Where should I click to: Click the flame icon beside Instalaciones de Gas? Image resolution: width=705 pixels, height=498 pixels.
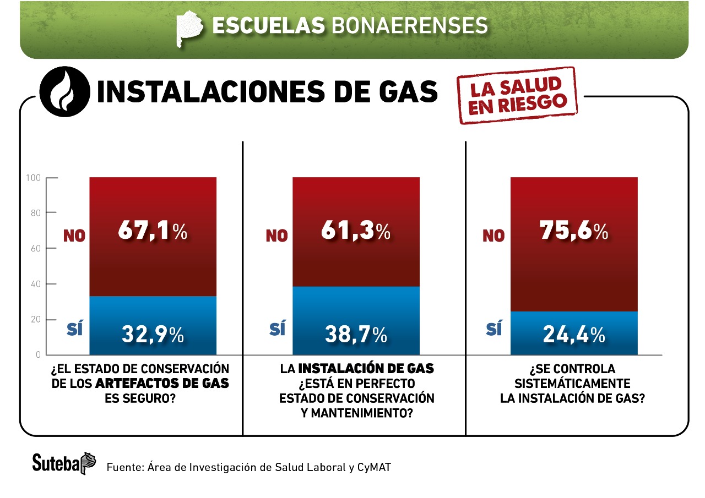pyautogui.click(x=65, y=92)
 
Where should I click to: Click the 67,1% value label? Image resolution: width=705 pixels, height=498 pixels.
pyautogui.click(x=153, y=232)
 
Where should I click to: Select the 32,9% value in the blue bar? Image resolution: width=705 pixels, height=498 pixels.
pyautogui.click(x=153, y=334)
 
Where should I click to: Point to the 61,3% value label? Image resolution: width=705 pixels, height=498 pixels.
pyautogui.click(x=355, y=232)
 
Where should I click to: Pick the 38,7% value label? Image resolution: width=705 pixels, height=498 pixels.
pyautogui.click(x=355, y=334)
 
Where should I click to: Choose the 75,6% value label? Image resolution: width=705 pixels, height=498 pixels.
pyautogui.click(x=573, y=232)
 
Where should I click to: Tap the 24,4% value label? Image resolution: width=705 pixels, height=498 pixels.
pyautogui.click(x=573, y=334)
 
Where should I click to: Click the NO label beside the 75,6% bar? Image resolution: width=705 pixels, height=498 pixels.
pyautogui.click(x=493, y=236)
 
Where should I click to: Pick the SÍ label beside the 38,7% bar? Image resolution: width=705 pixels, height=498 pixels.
pyautogui.click(x=278, y=330)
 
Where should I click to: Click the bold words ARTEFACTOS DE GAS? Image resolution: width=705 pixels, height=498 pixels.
pyautogui.click(x=162, y=383)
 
